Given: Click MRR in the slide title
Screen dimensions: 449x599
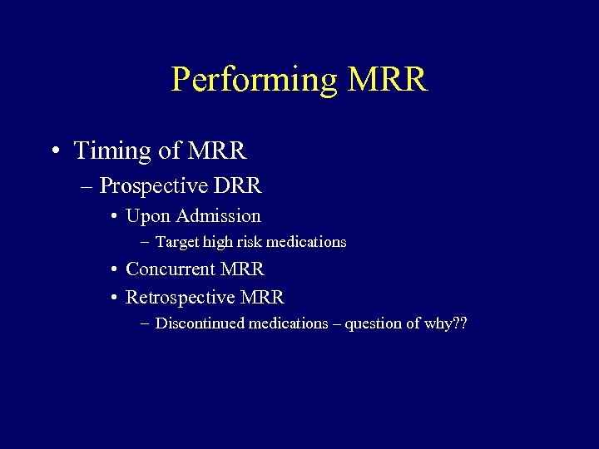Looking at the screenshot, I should pyautogui.click(x=388, y=80).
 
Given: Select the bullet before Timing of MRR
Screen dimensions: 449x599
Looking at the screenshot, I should pyautogui.click(x=54, y=151).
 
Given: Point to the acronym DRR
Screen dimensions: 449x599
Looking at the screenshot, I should pyautogui.click(x=240, y=185).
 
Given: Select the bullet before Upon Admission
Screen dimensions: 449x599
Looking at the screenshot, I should pyautogui.click(x=113, y=217).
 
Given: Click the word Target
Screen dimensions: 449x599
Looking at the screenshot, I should pyautogui.click(x=176, y=242).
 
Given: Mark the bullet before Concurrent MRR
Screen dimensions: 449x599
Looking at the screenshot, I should pyautogui.click(x=113, y=270).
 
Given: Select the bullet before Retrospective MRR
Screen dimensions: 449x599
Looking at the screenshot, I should pyautogui.click(x=113, y=298).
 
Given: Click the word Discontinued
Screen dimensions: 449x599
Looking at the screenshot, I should pyautogui.click(x=200, y=323).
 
